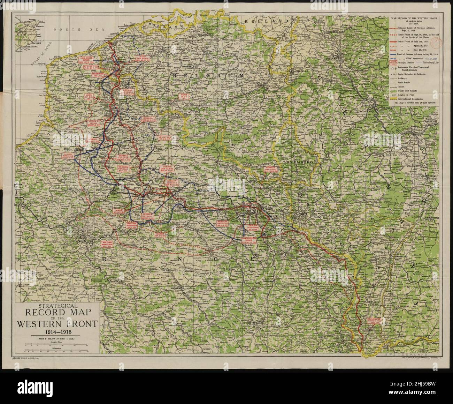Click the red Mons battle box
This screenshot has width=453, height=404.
184,97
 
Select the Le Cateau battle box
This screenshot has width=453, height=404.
165,139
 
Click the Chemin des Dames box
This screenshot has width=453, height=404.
168,169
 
